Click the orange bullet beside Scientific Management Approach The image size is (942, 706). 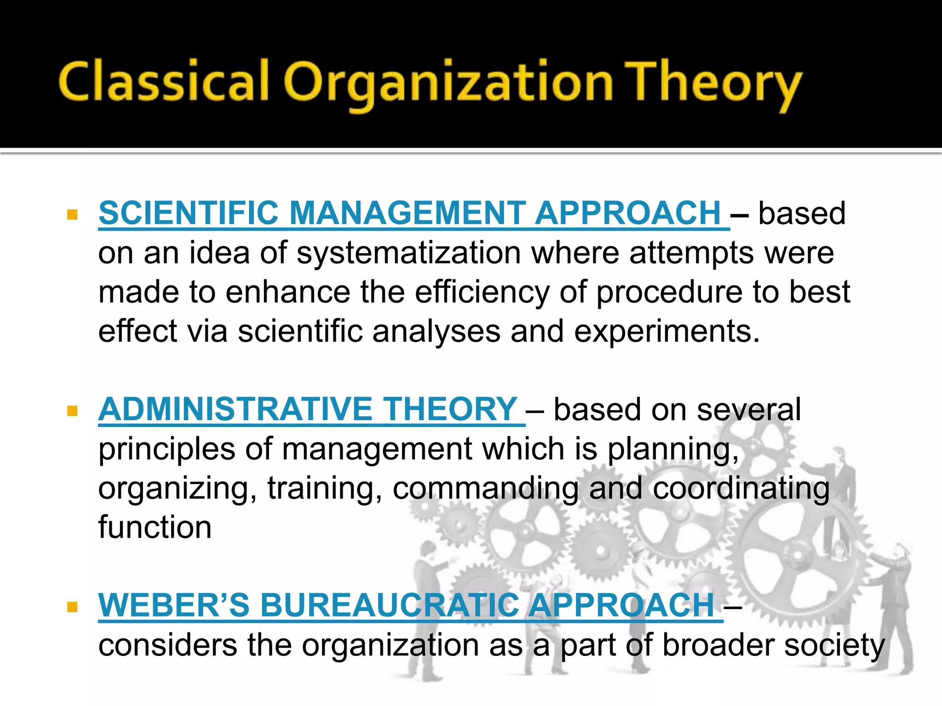(72, 215)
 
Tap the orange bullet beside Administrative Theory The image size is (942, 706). (72, 410)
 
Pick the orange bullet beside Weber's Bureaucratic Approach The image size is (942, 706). (72, 607)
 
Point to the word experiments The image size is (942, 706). (666, 332)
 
